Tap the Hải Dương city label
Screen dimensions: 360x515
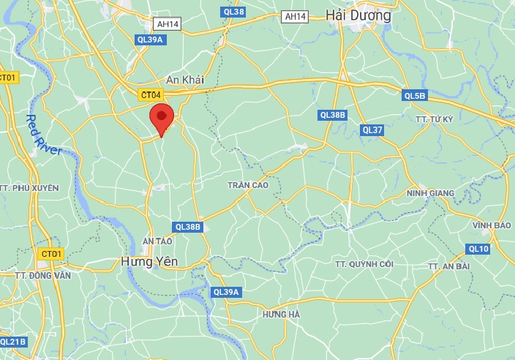coord(359,15)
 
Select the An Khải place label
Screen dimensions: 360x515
coord(185,79)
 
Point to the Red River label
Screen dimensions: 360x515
coord(43,135)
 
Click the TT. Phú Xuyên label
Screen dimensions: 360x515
coord(29,188)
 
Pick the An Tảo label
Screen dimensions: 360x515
coord(157,241)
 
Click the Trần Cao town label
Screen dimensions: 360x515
coord(247,185)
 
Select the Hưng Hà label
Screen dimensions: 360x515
coord(281,314)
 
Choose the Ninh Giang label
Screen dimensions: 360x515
coord(430,193)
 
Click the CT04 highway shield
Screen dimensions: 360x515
coord(152,94)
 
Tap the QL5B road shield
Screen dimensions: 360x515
coord(414,96)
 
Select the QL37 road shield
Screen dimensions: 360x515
coord(372,130)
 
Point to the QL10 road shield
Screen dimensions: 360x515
coord(478,249)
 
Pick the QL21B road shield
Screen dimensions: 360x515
coord(13,342)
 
